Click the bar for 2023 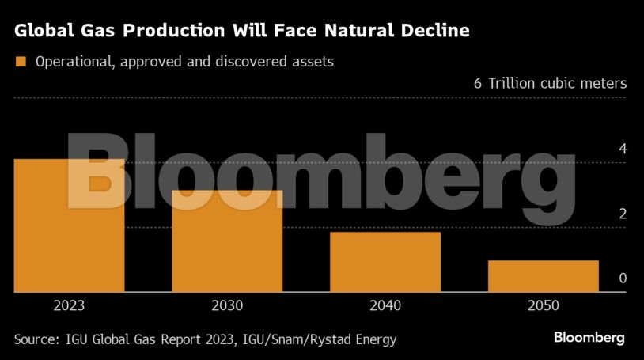click(x=69, y=225)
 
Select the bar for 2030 click(x=227, y=241)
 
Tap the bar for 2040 click(x=385, y=262)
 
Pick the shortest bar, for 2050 click(x=543, y=276)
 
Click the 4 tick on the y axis click(x=623, y=149)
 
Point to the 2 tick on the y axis click(x=623, y=214)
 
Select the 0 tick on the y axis click(x=623, y=279)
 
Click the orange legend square click(x=21, y=62)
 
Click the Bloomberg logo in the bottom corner click(x=589, y=338)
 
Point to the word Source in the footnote click(x=36, y=339)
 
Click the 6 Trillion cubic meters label click(x=550, y=83)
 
